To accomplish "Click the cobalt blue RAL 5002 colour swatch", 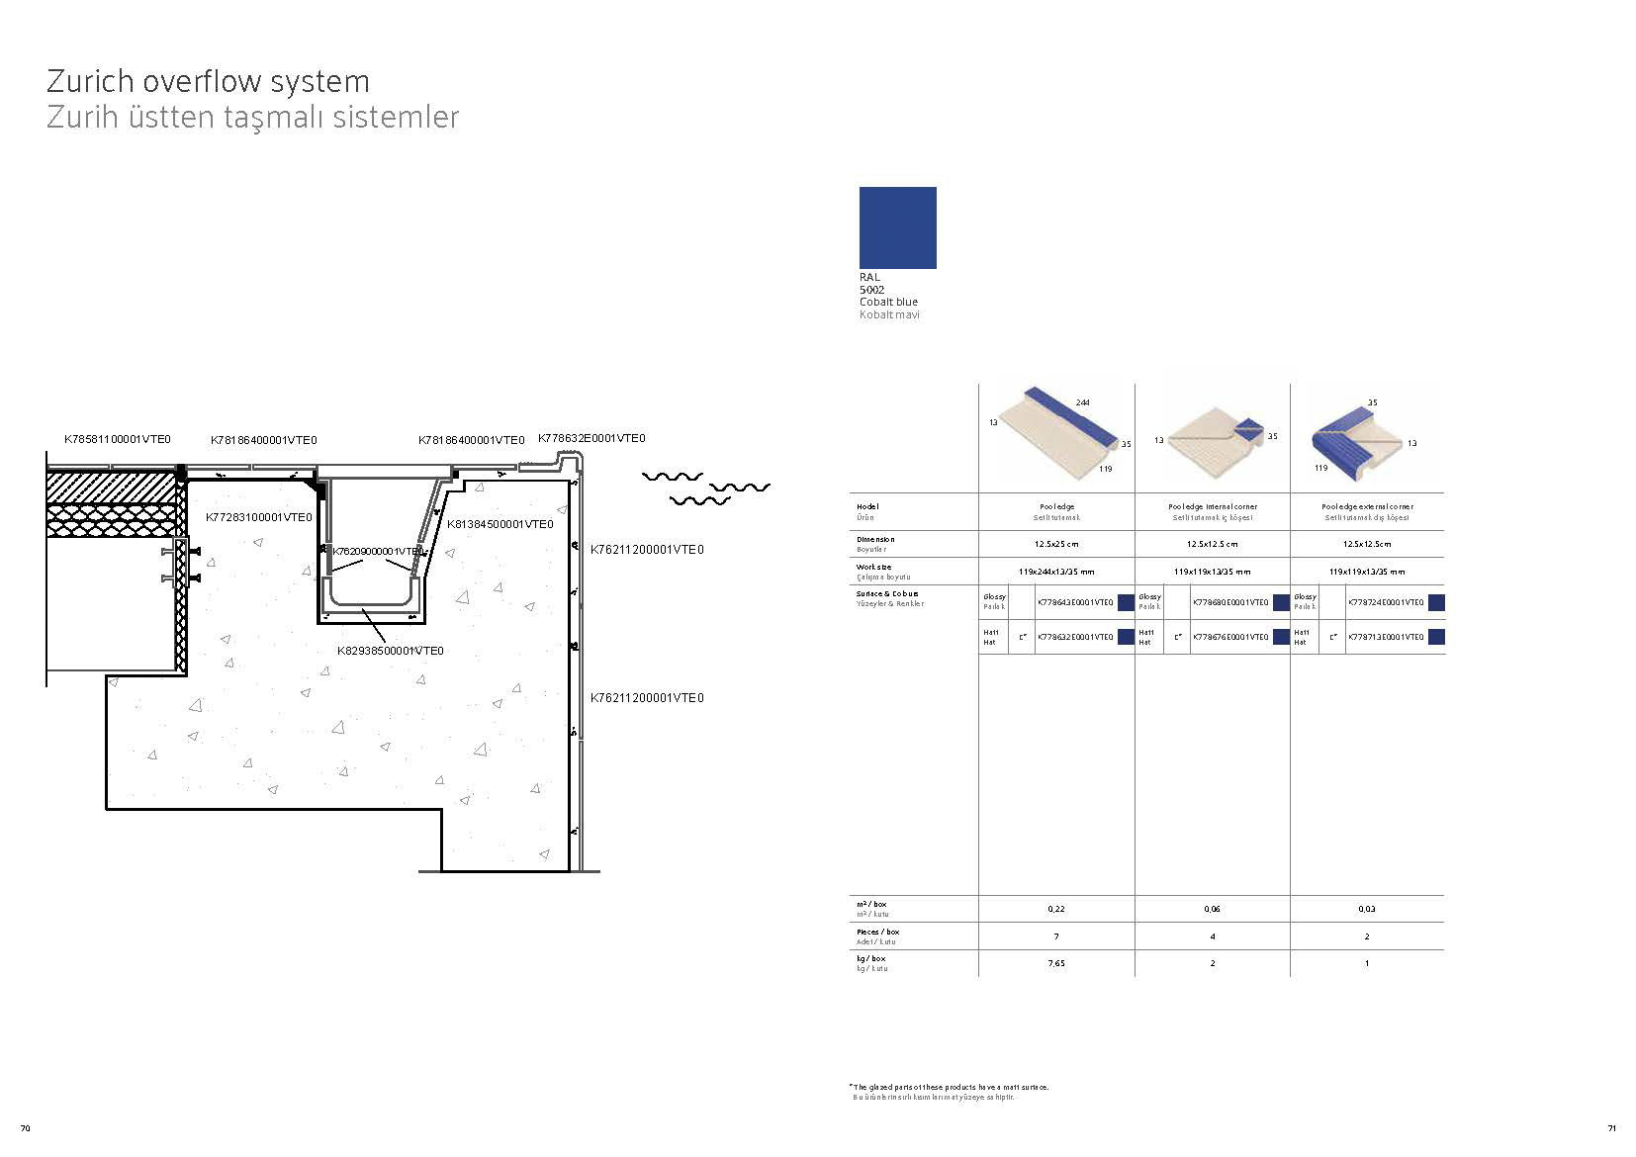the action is pyautogui.click(x=897, y=227).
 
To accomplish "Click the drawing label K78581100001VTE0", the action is pyautogui.click(x=118, y=439).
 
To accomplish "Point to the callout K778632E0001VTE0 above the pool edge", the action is pyautogui.click(x=591, y=438).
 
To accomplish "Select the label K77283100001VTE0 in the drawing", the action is pyautogui.click(x=259, y=517).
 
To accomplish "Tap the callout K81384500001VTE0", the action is pyautogui.click(x=500, y=524).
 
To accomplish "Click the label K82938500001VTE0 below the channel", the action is pyautogui.click(x=391, y=651).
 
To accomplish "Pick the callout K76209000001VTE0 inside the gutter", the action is pyautogui.click(x=377, y=551).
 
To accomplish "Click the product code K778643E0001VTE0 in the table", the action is pyautogui.click(x=1075, y=602).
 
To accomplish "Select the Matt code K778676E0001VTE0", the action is pyautogui.click(x=1230, y=637).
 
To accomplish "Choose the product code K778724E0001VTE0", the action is pyautogui.click(x=1386, y=602).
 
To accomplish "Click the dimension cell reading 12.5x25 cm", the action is pyautogui.click(x=1056, y=544).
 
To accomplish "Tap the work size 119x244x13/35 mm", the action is pyautogui.click(x=1056, y=572).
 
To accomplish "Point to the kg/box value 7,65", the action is pyautogui.click(x=1056, y=963).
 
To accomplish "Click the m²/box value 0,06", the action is pyautogui.click(x=1213, y=909).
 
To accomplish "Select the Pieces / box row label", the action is pyautogui.click(x=878, y=932).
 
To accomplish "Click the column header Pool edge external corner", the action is pyautogui.click(x=1367, y=506).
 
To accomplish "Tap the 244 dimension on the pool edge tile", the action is pyautogui.click(x=1082, y=402).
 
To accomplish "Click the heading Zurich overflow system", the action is pyautogui.click(x=209, y=81).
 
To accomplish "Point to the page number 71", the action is pyautogui.click(x=1611, y=1128).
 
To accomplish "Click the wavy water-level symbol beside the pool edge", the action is pyautogui.click(x=705, y=488).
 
